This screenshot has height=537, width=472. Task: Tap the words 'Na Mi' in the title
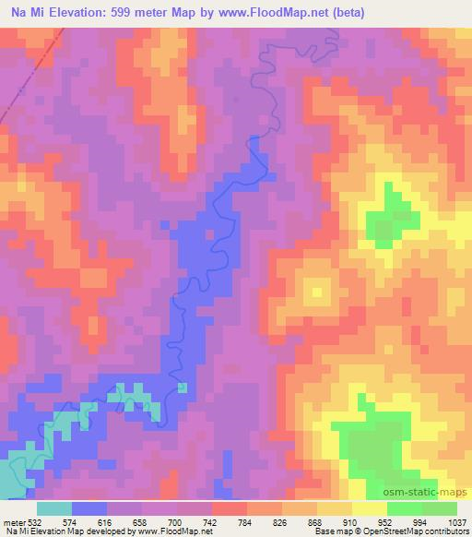(x=22, y=13)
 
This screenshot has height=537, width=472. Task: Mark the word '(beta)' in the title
(x=348, y=13)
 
